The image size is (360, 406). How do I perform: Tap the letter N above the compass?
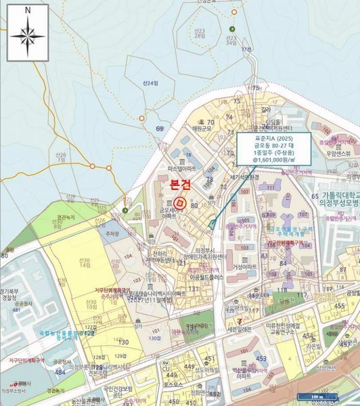(28, 11)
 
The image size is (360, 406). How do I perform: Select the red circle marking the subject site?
(179, 202)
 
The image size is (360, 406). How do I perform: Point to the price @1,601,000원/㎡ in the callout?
(273, 162)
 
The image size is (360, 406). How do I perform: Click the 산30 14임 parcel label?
(84, 263)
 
